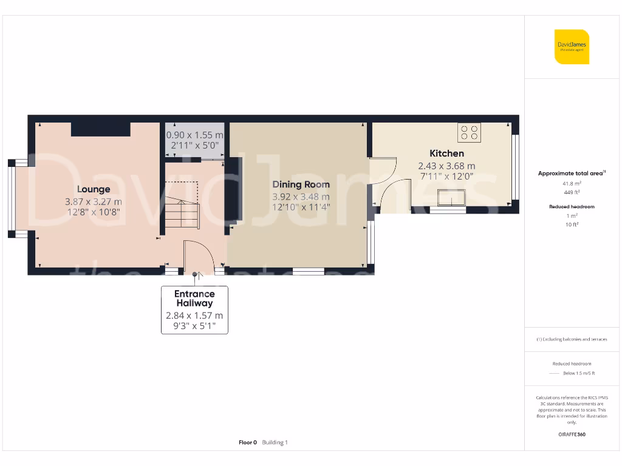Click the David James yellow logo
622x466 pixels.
pos(572,47)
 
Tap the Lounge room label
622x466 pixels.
pos(94,189)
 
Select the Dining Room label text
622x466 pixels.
pos(301,184)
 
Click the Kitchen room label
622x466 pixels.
pos(446,154)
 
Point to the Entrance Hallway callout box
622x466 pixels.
pos(194,309)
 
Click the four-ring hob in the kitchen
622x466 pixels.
pos(468,132)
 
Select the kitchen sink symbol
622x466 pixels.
pos(450,198)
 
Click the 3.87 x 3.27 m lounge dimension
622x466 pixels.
pos(94,201)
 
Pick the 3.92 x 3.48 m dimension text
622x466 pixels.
pos(301,197)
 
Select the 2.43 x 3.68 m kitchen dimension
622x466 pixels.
pos(446,166)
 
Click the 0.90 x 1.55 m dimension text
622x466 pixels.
pos(195,135)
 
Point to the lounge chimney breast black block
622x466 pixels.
pos(100,129)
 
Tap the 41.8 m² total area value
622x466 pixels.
pos(572,183)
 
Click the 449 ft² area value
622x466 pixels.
pos(572,192)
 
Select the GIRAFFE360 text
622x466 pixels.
pos(572,434)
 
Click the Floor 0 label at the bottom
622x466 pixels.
pos(248,442)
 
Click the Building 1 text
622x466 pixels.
pos(275,442)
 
